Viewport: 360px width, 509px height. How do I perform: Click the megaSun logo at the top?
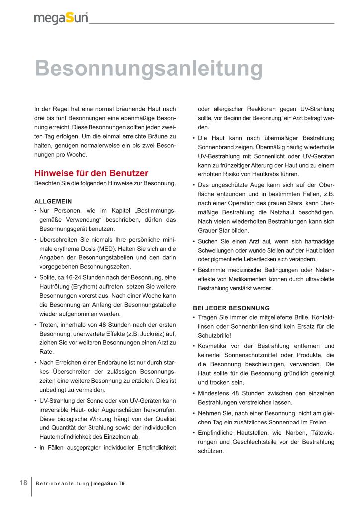pos(61,18)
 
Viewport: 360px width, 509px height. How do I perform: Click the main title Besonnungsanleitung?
pos(148,68)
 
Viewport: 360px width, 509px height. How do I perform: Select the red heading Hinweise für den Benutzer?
pos(91,173)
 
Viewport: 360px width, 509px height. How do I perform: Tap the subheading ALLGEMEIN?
pos(53,201)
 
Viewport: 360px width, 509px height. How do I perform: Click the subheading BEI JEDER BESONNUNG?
pos(231,308)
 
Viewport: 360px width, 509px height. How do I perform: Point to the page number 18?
pos(23,483)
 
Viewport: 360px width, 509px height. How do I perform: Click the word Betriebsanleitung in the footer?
pos(62,484)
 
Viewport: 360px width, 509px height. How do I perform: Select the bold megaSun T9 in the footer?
pos(109,484)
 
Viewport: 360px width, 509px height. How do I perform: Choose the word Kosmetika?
pos(215,345)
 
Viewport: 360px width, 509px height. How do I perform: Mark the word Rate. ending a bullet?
pos(46,351)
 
